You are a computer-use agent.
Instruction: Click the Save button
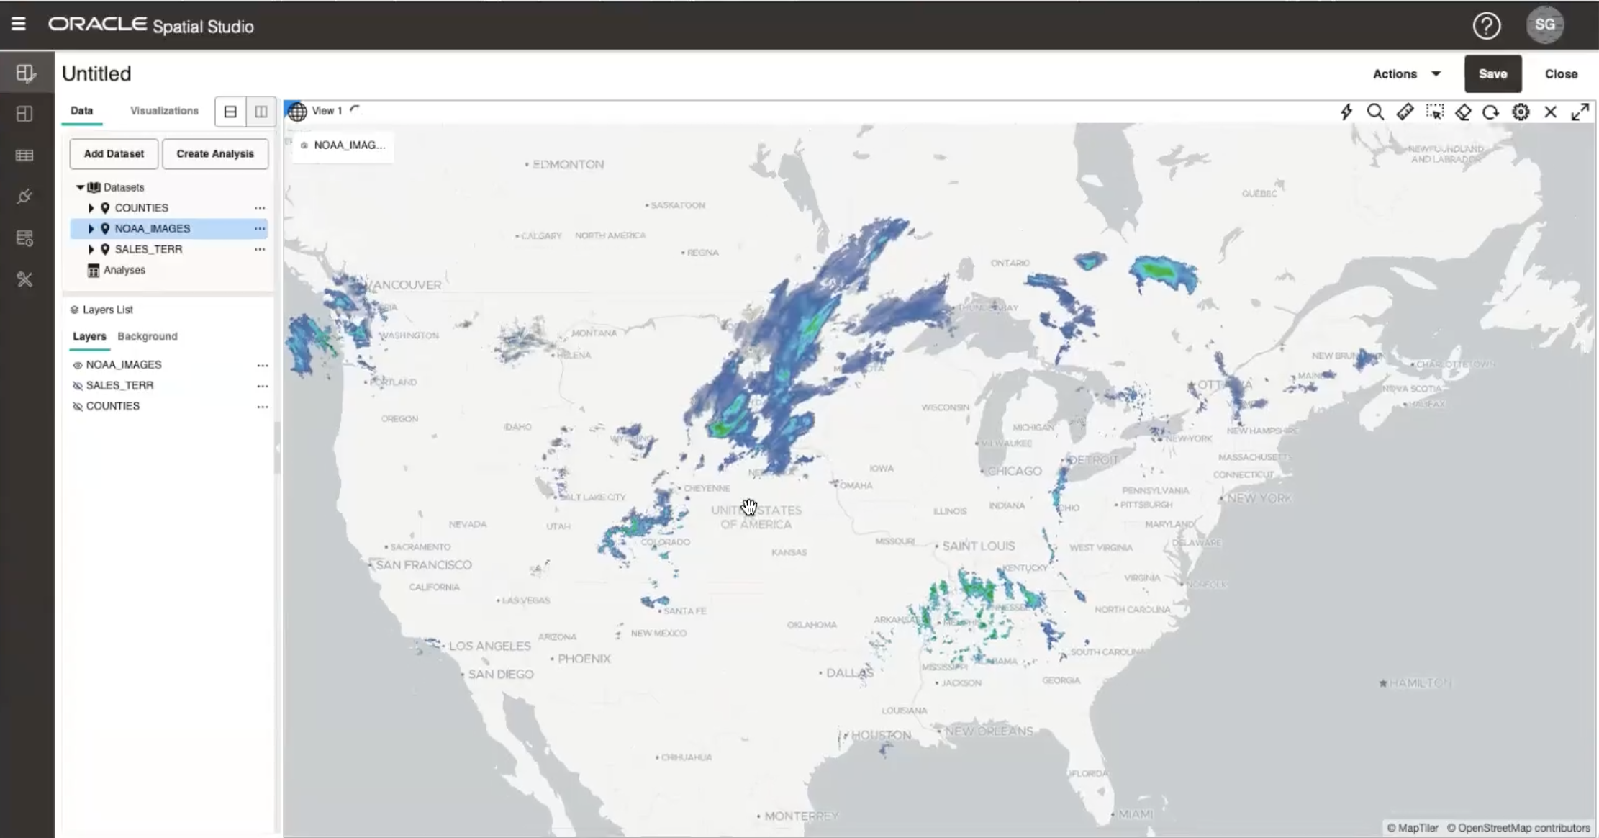pos(1492,74)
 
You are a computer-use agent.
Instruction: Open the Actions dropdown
pos(1406,74)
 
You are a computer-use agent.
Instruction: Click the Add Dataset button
pos(114,154)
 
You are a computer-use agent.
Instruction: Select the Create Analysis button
pos(215,154)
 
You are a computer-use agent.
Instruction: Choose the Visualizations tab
pos(164,111)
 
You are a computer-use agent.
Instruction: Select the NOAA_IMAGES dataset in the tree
pos(153,229)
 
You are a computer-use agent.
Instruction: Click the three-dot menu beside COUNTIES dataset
pos(260,208)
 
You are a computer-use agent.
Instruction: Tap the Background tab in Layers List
pos(147,336)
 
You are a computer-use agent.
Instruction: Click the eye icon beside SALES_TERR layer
pos(78,386)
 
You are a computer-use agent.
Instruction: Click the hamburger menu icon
pos(19,24)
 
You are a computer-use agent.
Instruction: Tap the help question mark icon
pos(1486,26)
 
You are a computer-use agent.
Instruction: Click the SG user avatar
pos(1544,25)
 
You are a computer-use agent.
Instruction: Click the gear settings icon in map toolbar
pos(1521,112)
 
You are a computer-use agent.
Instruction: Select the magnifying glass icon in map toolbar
pos(1375,112)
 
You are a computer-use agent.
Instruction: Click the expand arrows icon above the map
pos(1580,112)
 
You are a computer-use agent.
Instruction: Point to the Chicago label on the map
pos(1014,471)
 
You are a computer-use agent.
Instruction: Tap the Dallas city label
pos(849,673)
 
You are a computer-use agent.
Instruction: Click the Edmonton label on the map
pos(568,165)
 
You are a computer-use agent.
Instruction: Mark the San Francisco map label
pos(424,565)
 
